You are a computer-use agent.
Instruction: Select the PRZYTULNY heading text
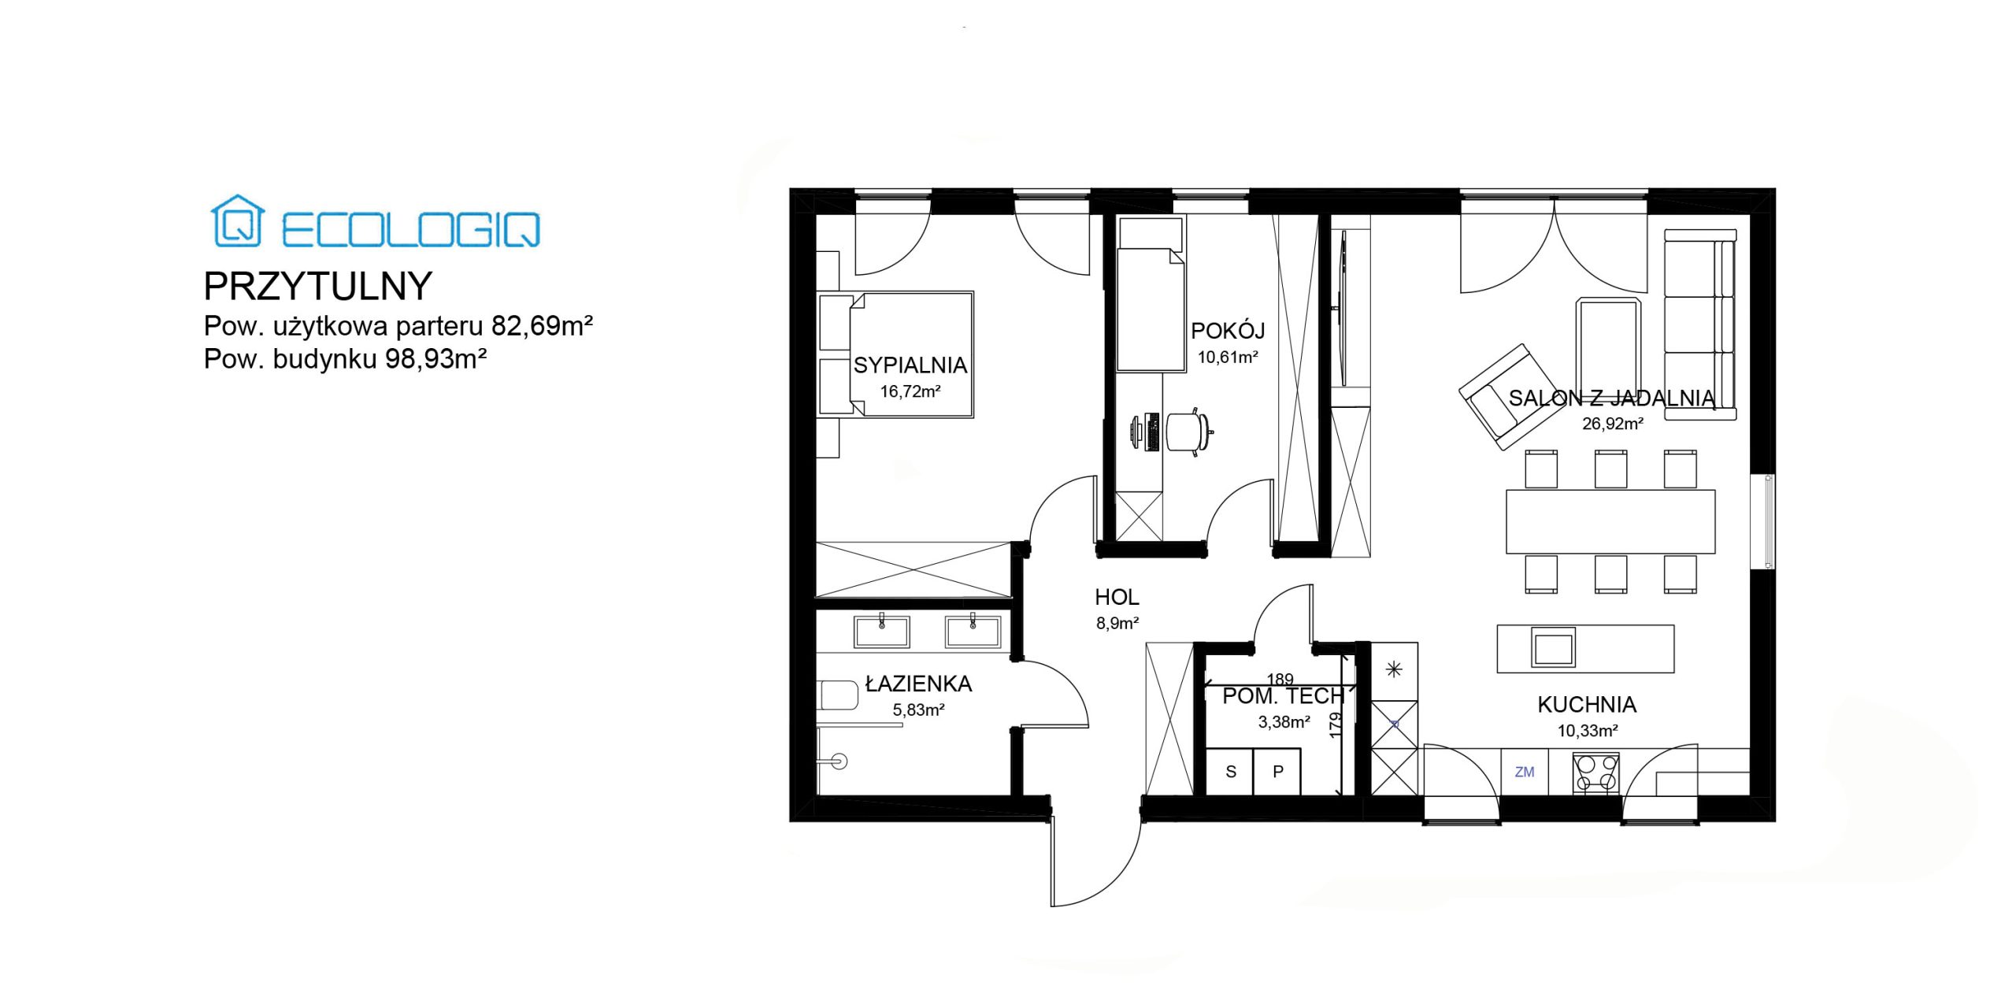pyautogui.click(x=318, y=287)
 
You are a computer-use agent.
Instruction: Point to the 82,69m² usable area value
pyautogui.click(x=542, y=325)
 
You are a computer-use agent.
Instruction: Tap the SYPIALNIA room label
pyautogui.click(x=910, y=365)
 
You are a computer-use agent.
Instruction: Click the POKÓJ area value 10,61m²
pyautogui.click(x=1228, y=358)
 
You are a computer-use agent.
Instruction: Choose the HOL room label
pyautogui.click(x=1117, y=598)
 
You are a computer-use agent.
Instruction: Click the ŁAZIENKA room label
pyautogui.click(x=918, y=683)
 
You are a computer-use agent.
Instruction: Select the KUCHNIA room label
pyautogui.click(x=1587, y=705)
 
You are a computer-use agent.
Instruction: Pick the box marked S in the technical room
pyautogui.click(x=1231, y=772)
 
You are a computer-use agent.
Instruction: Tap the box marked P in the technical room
pyautogui.click(x=1277, y=772)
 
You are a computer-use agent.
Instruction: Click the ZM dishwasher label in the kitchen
pyautogui.click(x=1525, y=773)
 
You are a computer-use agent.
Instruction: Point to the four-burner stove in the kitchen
pyautogui.click(x=1596, y=773)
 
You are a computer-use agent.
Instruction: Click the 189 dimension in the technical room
pyautogui.click(x=1280, y=679)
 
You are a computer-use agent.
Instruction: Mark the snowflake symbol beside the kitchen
pyautogui.click(x=1394, y=670)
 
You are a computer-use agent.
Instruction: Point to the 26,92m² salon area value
pyautogui.click(x=1613, y=424)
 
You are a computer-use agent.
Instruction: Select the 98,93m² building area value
pyautogui.click(x=435, y=359)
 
